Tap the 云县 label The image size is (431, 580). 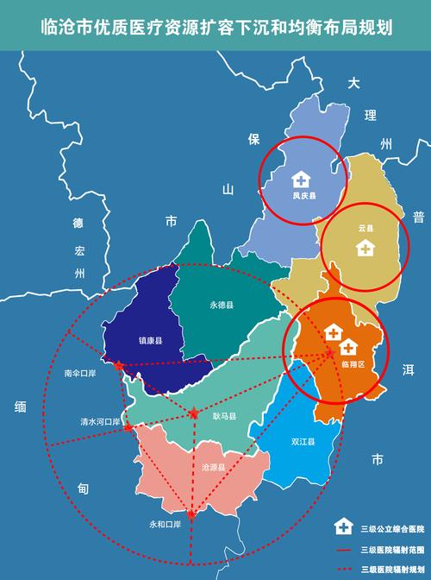[x=365, y=229]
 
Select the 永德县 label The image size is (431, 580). [x=222, y=306]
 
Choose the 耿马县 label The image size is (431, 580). [x=224, y=416]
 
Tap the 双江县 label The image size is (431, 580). [x=303, y=442]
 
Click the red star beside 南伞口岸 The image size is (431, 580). [x=117, y=366]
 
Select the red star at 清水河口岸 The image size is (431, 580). [x=128, y=427]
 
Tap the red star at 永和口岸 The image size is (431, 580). [x=191, y=514]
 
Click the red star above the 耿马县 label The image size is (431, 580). [x=194, y=413]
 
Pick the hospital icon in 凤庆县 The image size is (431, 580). [x=301, y=179]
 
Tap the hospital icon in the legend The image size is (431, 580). [x=343, y=526]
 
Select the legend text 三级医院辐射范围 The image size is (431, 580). [x=393, y=549]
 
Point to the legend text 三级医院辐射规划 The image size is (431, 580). [x=393, y=569]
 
